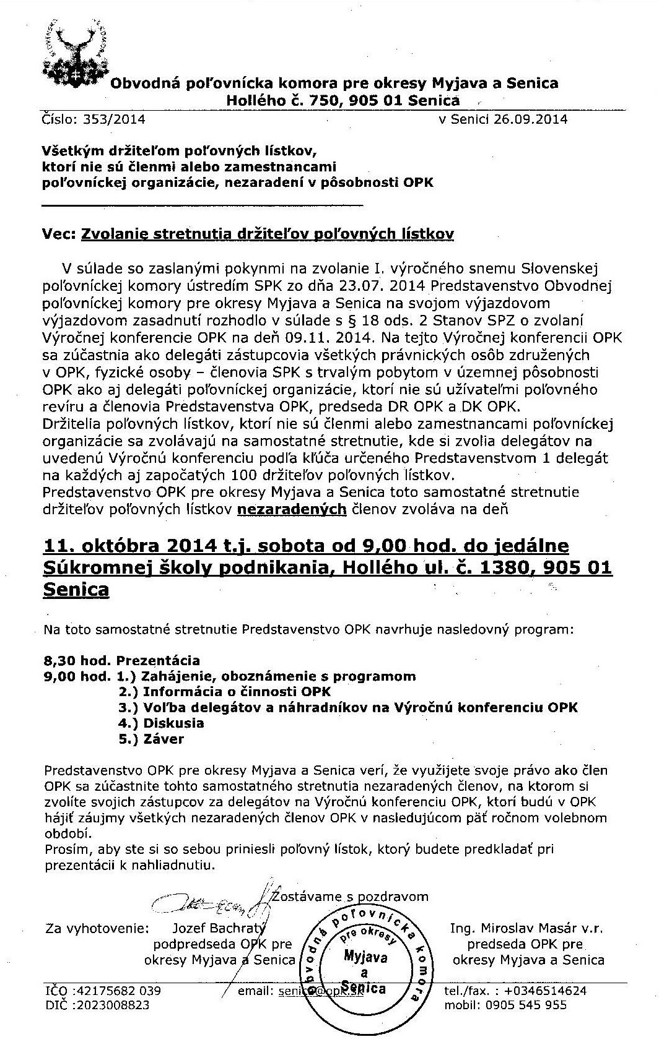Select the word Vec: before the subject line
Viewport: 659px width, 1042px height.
point(59,233)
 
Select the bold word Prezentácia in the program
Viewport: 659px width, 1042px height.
point(158,660)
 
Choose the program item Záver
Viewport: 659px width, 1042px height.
point(164,739)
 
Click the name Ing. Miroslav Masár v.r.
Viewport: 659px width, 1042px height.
point(526,928)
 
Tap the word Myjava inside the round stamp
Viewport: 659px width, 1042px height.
point(365,958)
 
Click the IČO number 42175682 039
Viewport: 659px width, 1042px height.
point(117,991)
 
